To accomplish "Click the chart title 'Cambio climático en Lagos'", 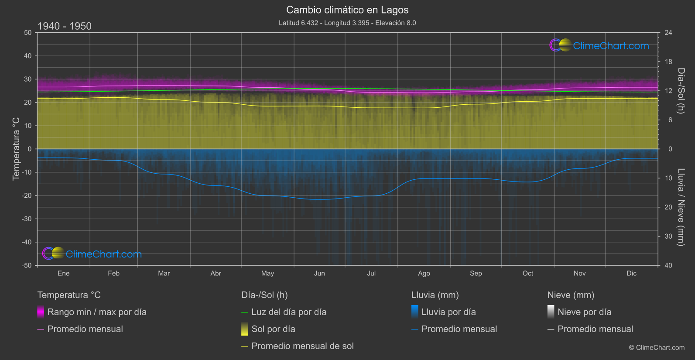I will [x=347, y=10].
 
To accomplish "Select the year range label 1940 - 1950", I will [x=65, y=26].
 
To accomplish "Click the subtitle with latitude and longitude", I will [x=347, y=23].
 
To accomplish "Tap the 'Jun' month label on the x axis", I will [x=319, y=273].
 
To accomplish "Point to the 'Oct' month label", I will [x=528, y=273].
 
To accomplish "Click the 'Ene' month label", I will [x=64, y=273].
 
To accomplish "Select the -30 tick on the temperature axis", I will [x=27, y=219].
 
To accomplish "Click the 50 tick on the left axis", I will [x=28, y=33].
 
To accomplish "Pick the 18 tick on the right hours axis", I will [x=668, y=62].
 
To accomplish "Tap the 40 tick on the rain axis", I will [x=668, y=265].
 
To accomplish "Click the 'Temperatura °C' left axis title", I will [x=16, y=149].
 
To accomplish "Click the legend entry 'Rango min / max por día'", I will [x=97, y=312].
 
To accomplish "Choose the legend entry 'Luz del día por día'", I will [x=289, y=312].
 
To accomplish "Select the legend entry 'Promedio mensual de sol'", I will [x=302, y=346].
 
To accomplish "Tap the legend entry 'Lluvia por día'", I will [x=448, y=312].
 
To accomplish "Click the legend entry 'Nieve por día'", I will [x=584, y=312].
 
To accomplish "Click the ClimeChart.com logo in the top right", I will [x=599, y=45].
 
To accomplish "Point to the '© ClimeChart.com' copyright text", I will [x=657, y=348].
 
